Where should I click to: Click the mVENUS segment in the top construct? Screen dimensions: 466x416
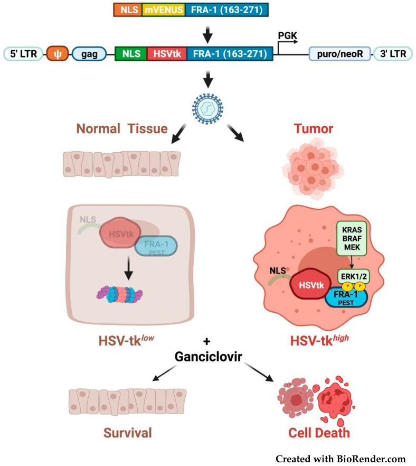(x=163, y=10)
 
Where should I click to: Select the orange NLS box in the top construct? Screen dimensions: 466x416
(x=127, y=10)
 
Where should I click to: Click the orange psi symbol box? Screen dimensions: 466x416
(x=56, y=53)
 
